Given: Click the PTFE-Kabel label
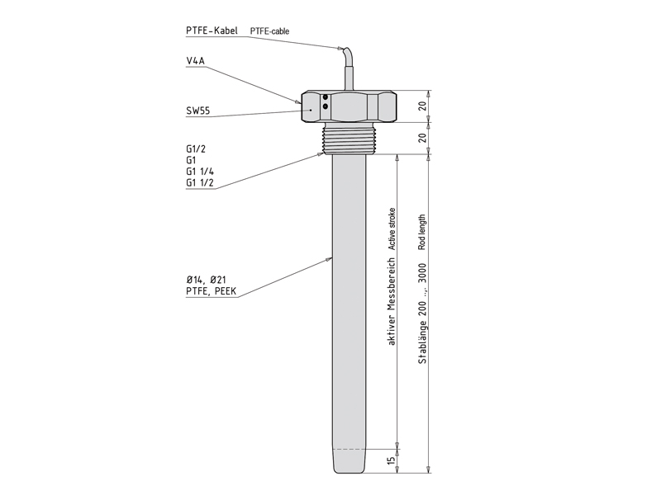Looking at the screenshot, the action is pos(212,31).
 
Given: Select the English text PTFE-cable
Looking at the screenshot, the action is pos(270,31).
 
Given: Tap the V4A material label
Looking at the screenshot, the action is pos(195,61).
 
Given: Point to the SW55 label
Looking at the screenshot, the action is pos(197,111).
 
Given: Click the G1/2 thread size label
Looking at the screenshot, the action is pos(196,148).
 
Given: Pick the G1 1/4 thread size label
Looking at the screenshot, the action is pos(200,172).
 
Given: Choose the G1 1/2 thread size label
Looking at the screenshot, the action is pos(200,182).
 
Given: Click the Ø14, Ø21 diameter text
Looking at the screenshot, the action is pos(206,280).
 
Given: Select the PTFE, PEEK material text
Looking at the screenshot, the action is pos(212,291).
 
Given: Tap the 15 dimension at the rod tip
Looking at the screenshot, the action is pos(392,460).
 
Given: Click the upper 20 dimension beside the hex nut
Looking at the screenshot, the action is pos(422,106).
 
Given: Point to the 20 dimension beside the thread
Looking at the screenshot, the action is pos(422,138).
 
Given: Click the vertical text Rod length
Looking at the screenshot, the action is pos(422,233).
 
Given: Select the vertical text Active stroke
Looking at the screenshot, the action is pos(392,229).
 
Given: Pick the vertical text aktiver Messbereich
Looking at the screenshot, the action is pos(392,301).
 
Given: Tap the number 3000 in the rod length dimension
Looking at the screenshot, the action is pos(422,274).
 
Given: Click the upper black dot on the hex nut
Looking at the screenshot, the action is pos(326,97).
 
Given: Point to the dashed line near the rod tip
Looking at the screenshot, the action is pos(350,449).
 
